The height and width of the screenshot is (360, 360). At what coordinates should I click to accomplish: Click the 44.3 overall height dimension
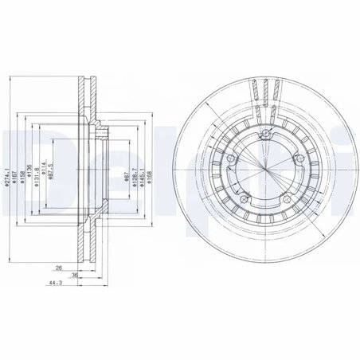52,284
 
